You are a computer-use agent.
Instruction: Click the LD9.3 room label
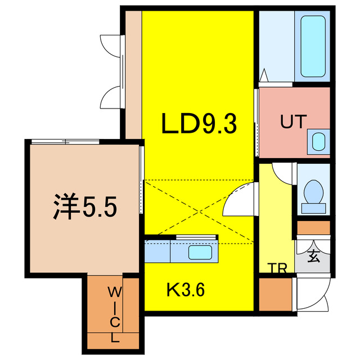(x=198, y=124)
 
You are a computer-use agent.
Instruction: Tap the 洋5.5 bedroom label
(x=85, y=208)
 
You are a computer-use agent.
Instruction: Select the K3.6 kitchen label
(x=185, y=290)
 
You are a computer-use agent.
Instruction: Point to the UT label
(x=293, y=121)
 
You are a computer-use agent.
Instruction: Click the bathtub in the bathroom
(x=313, y=46)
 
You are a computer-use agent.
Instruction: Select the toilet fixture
(x=313, y=193)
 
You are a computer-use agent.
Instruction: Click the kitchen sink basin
(x=200, y=253)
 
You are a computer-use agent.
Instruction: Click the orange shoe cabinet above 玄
(x=313, y=228)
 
